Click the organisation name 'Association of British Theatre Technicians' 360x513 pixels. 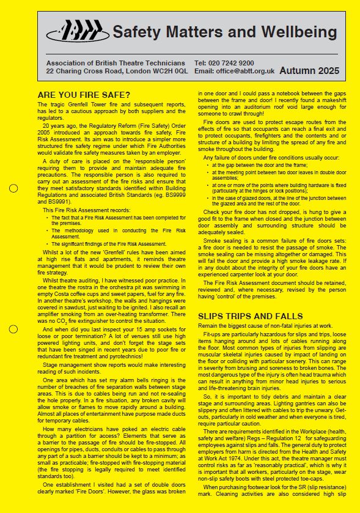pyautogui.click(x=116, y=63)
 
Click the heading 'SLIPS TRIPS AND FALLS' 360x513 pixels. pyautogui.click(x=250, y=316)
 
